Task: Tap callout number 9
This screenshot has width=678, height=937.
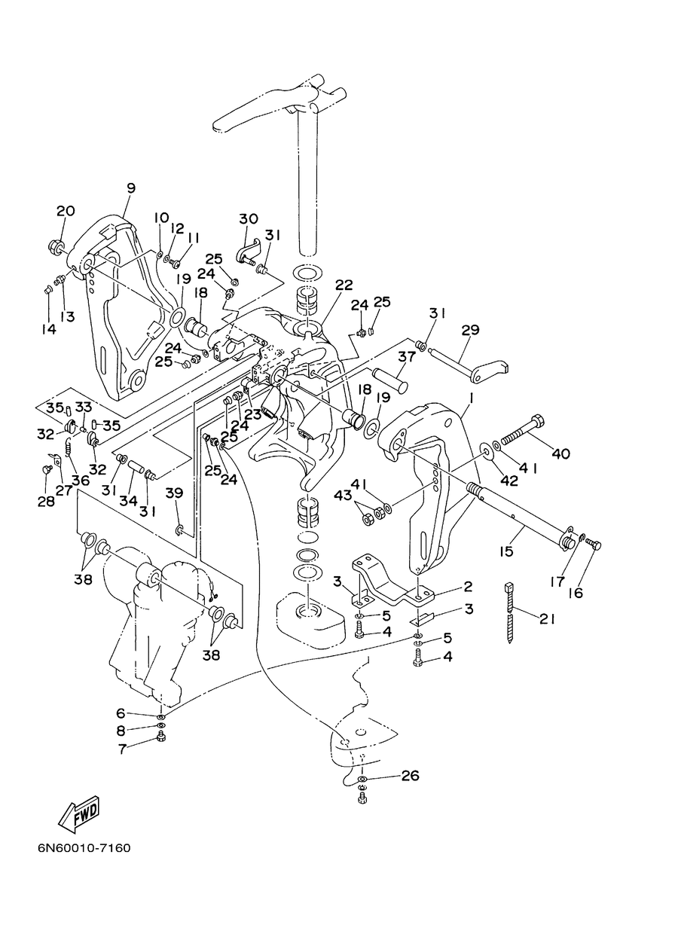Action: click(x=131, y=188)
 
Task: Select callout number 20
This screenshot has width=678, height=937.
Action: click(x=66, y=210)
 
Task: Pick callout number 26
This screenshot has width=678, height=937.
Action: click(x=410, y=776)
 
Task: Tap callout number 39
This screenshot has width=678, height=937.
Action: click(x=174, y=493)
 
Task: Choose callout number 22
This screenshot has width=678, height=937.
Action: click(x=344, y=285)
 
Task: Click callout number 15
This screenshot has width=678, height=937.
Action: click(x=506, y=551)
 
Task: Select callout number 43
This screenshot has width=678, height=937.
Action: click(x=343, y=496)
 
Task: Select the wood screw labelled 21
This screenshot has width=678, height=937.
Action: click(x=510, y=618)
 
